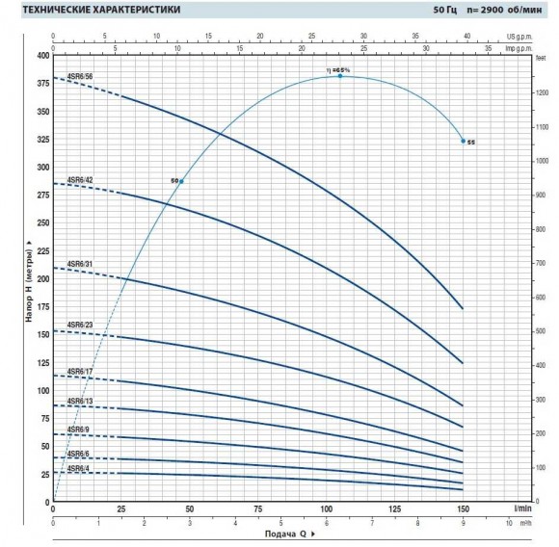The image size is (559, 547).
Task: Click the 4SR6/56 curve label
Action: (x=81, y=74)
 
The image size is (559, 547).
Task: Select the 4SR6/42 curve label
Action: (x=81, y=180)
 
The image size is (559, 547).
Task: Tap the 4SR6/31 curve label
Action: (x=81, y=264)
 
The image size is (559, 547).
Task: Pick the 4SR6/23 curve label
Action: (x=81, y=326)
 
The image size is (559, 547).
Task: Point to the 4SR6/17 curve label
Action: (x=81, y=371)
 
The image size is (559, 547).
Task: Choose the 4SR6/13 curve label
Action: (x=81, y=401)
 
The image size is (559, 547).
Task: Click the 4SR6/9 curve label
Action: (x=79, y=429)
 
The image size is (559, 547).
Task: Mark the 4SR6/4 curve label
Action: (x=79, y=468)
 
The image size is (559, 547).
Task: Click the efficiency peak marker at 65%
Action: (x=340, y=75)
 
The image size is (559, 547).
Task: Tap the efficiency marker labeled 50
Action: (x=180, y=181)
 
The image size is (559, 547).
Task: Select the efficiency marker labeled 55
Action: (x=464, y=141)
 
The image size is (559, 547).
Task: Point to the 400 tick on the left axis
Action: (x=41, y=55)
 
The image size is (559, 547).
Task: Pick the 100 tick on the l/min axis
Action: (x=326, y=508)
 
